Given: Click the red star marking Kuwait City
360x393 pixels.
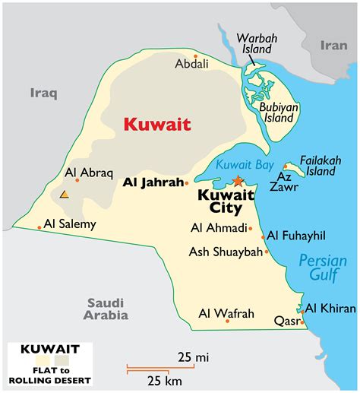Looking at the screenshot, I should (x=238, y=181).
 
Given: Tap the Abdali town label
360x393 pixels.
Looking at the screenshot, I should (x=191, y=65).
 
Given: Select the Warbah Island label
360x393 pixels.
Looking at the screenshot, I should (x=254, y=43).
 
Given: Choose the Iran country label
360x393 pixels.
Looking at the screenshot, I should (x=332, y=45).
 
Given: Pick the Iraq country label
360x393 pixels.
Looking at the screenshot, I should (x=43, y=93).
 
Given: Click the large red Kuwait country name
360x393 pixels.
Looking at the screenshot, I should (x=157, y=124).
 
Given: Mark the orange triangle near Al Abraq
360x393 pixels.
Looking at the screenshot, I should (x=65, y=195).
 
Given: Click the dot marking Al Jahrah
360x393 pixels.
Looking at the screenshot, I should (x=186, y=182).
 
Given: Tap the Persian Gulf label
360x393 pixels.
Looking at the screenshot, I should (x=321, y=267).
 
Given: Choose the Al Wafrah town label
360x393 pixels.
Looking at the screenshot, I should (x=226, y=312).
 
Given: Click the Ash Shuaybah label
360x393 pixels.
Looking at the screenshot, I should (x=225, y=252).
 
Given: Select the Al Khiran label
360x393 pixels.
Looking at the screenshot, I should (x=329, y=309).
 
